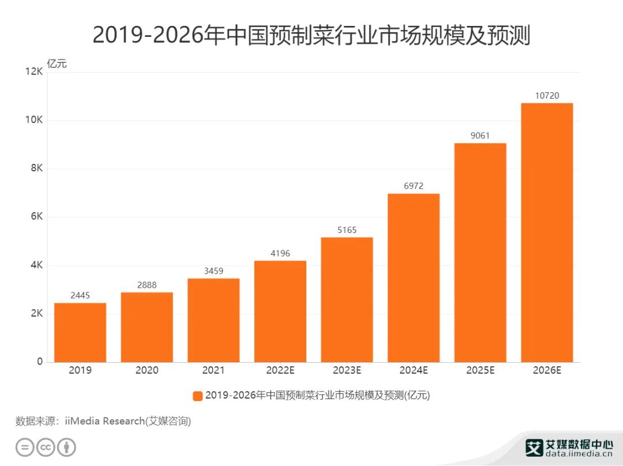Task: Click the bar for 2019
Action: [80, 332]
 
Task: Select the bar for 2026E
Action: [547, 232]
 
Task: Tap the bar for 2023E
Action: [347, 299]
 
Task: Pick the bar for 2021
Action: [213, 320]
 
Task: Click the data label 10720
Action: [547, 96]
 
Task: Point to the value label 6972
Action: [413, 186]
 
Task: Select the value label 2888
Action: [147, 285]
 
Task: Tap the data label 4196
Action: [280, 253]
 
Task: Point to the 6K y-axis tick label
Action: [36, 217]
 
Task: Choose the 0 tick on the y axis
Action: [40, 362]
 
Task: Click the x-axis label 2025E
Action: [480, 371]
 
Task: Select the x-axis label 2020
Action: [147, 371]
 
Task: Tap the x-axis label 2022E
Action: [280, 371]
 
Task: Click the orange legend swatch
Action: [197, 396]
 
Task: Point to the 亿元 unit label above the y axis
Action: [57, 63]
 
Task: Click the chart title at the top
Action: [311, 36]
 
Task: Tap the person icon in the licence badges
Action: [67, 448]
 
